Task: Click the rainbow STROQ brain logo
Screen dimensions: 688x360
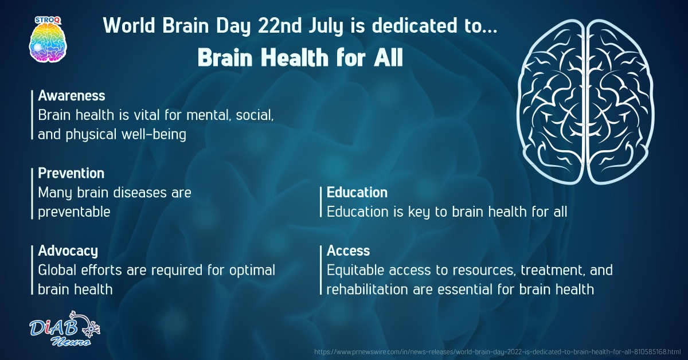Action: [48, 39]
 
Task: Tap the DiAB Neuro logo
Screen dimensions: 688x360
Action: [65, 328]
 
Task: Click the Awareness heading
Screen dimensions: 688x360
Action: [72, 96]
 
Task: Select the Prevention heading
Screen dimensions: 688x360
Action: [71, 173]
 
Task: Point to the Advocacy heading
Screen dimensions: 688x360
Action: [68, 251]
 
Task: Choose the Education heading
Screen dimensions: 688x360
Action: [357, 192]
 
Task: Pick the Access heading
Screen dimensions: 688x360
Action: [349, 251]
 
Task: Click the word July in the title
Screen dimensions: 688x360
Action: [326, 26]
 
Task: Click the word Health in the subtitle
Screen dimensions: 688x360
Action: [295, 57]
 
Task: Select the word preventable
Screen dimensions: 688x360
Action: [74, 212]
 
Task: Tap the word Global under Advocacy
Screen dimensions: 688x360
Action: [57, 271]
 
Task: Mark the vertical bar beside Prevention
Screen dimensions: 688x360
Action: [32, 194]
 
